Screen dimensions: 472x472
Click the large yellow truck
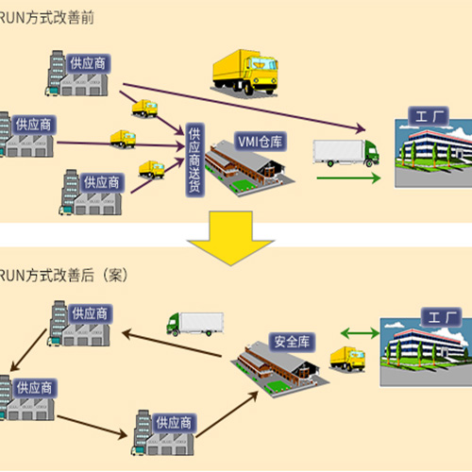(244, 70)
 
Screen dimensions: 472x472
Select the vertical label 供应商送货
(194, 160)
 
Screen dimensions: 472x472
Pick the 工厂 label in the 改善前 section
(429, 117)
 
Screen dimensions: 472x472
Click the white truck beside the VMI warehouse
(344, 153)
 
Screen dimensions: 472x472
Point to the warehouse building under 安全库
(274, 363)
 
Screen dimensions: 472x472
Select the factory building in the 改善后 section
(425, 351)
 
